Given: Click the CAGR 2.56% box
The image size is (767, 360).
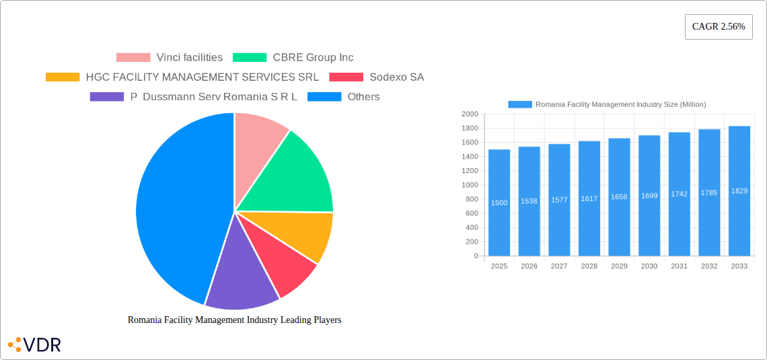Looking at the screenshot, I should [x=718, y=27].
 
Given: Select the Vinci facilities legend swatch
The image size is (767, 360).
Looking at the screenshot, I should [x=133, y=58].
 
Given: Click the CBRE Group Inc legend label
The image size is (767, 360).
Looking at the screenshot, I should [x=313, y=58].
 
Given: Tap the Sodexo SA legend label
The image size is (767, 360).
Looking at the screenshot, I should [x=396, y=77].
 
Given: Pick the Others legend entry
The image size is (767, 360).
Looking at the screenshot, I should [x=363, y=97].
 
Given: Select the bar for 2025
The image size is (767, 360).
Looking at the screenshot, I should [x=499, y=203].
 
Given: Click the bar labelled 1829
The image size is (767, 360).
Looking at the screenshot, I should [x=739, y=191].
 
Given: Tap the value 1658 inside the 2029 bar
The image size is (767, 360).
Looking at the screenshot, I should [x=619, y=197].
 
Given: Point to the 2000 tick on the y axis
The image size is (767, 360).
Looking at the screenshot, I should [x=470, y=114].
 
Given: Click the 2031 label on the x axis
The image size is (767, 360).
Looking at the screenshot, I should [x=679, y=266].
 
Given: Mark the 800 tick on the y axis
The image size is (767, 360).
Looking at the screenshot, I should [x=472, y=199].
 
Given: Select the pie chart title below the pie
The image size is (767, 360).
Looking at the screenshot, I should [x=234, y=320].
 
